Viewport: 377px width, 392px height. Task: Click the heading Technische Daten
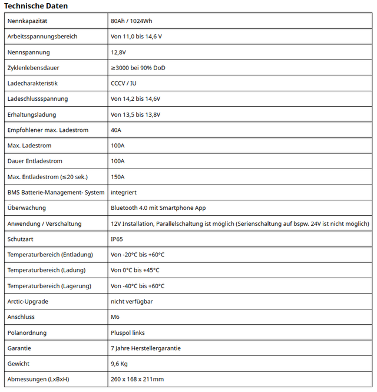(x=36, y=6)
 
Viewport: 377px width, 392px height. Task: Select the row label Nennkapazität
(x=27, y=21)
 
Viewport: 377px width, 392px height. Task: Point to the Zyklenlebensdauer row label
(x=33, y=68)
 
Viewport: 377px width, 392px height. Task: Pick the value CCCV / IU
(x=124, y=84)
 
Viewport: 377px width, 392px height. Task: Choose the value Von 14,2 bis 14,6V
(x=135, y=99)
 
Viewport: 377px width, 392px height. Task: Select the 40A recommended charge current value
(x=116, y=130)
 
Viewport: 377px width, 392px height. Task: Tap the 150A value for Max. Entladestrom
(x=118, y=177)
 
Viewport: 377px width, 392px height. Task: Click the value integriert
(x=124, y=192)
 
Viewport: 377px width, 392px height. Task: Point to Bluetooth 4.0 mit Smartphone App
(x=158, y=208)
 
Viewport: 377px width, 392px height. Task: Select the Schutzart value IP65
(x=117, y=239)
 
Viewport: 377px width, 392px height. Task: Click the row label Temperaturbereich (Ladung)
(x=47, y=270)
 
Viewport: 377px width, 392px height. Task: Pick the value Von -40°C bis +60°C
(x=138, y=286)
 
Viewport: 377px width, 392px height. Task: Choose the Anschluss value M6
(x=115, y=317)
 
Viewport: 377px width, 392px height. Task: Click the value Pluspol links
(x=128, y=333)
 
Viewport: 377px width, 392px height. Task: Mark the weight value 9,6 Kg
(x=119, y=364)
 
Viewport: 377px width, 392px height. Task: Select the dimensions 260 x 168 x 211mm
(x=137, y=379)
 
